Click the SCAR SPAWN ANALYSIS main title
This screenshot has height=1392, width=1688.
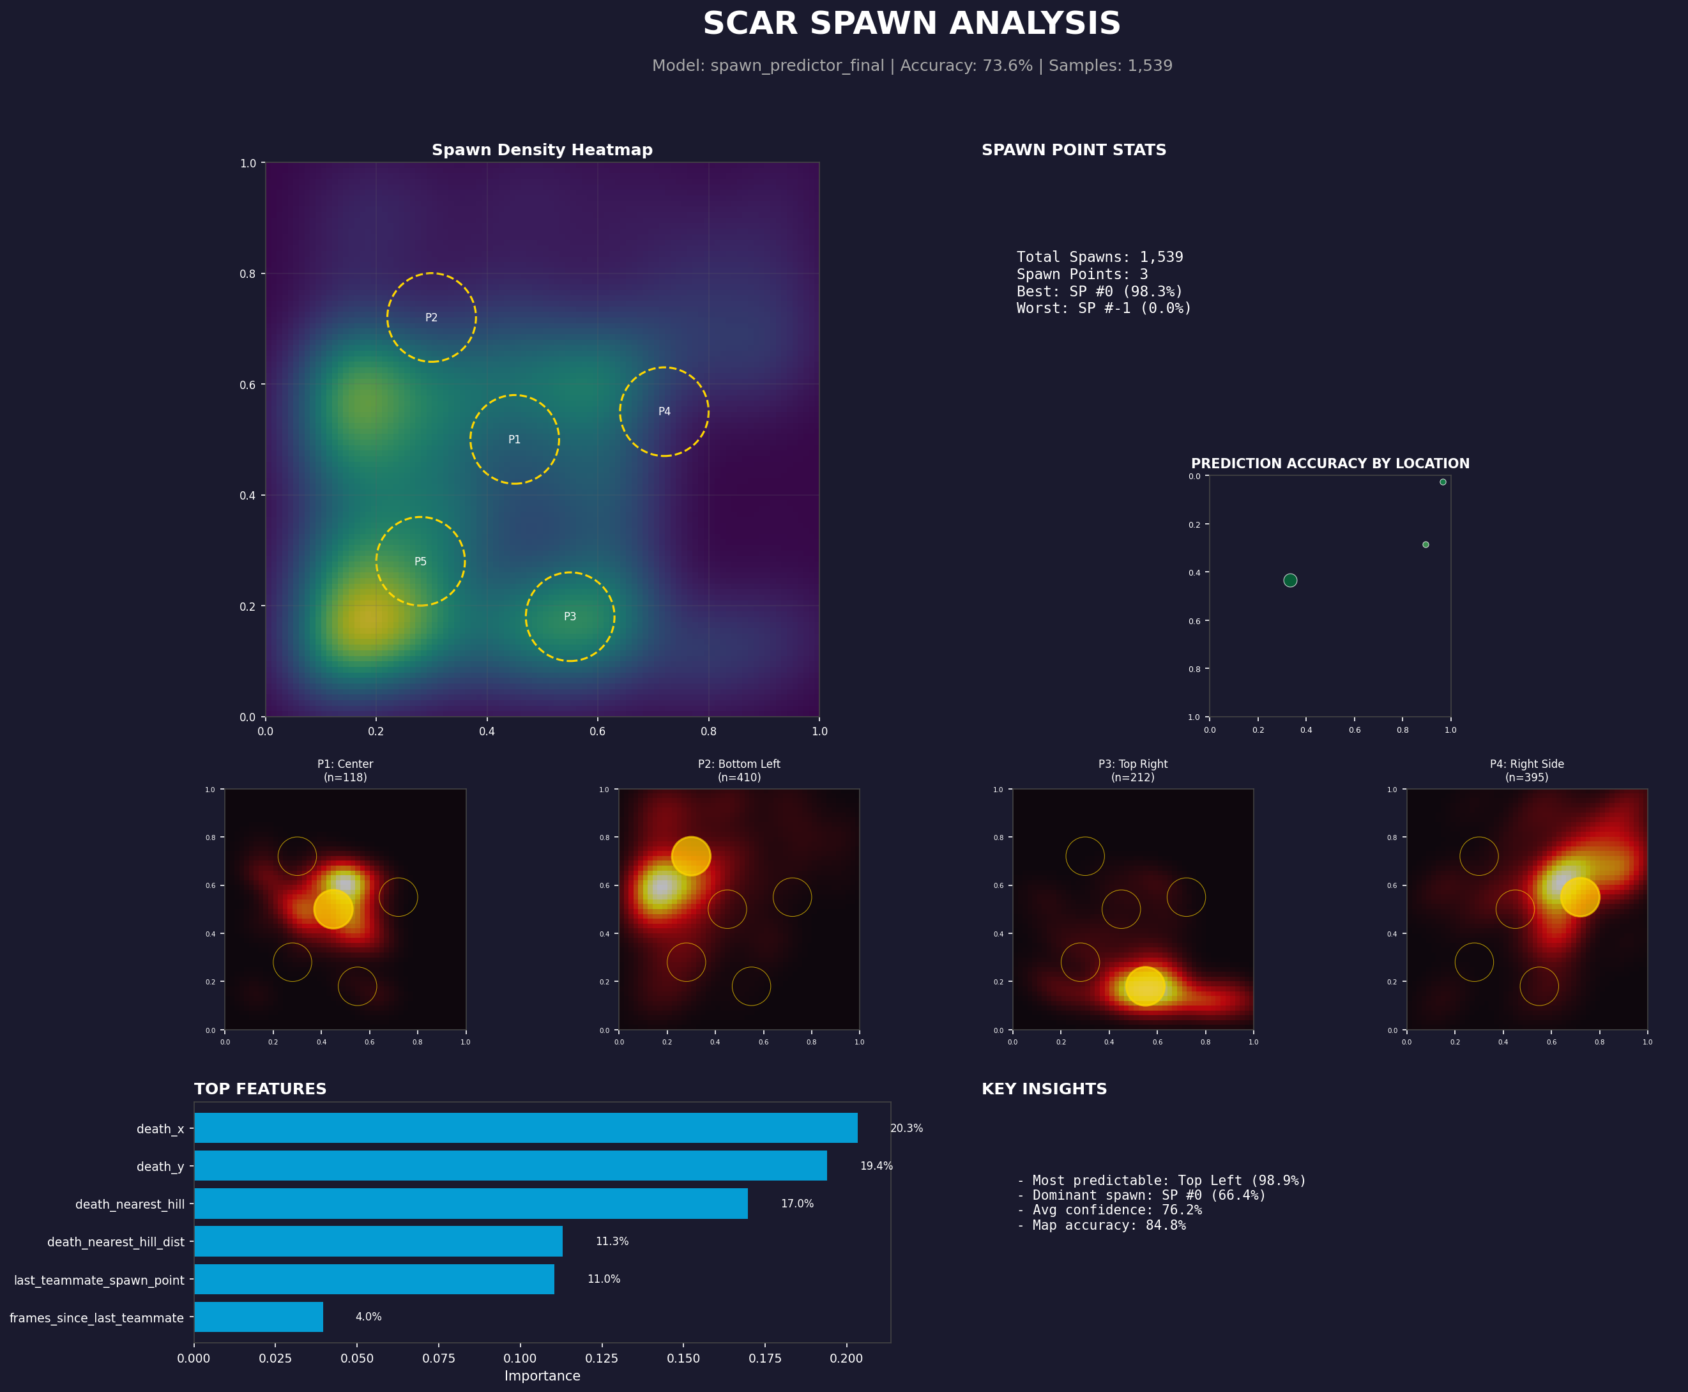tap(911, 24)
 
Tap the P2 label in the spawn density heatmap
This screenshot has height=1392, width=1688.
tap(431, 317)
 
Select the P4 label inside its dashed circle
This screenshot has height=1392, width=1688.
tap(664, 411)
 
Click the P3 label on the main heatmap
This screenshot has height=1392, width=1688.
tap(570, 616)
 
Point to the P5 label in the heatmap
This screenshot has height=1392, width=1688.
tap(420, 562)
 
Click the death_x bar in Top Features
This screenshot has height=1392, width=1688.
tap(525, 1128)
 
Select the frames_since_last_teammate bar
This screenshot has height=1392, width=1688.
tap(258, 1317)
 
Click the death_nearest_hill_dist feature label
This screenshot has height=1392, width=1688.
tap(116, 1242)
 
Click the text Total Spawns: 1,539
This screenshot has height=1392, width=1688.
tap(1099, 257)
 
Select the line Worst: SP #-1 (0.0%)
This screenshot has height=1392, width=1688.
tap(1103, 308)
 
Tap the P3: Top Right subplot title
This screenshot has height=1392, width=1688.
tap(1132, 764)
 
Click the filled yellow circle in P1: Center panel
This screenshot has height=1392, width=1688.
tap(333, 909)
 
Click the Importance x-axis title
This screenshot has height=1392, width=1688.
tap(542, 1376)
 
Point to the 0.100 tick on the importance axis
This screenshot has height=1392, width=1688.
tap(520, 1358)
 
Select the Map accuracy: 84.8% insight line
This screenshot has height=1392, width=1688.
tap(1100, 1225)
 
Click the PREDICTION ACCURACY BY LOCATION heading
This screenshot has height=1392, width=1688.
tap(1330, 463)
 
